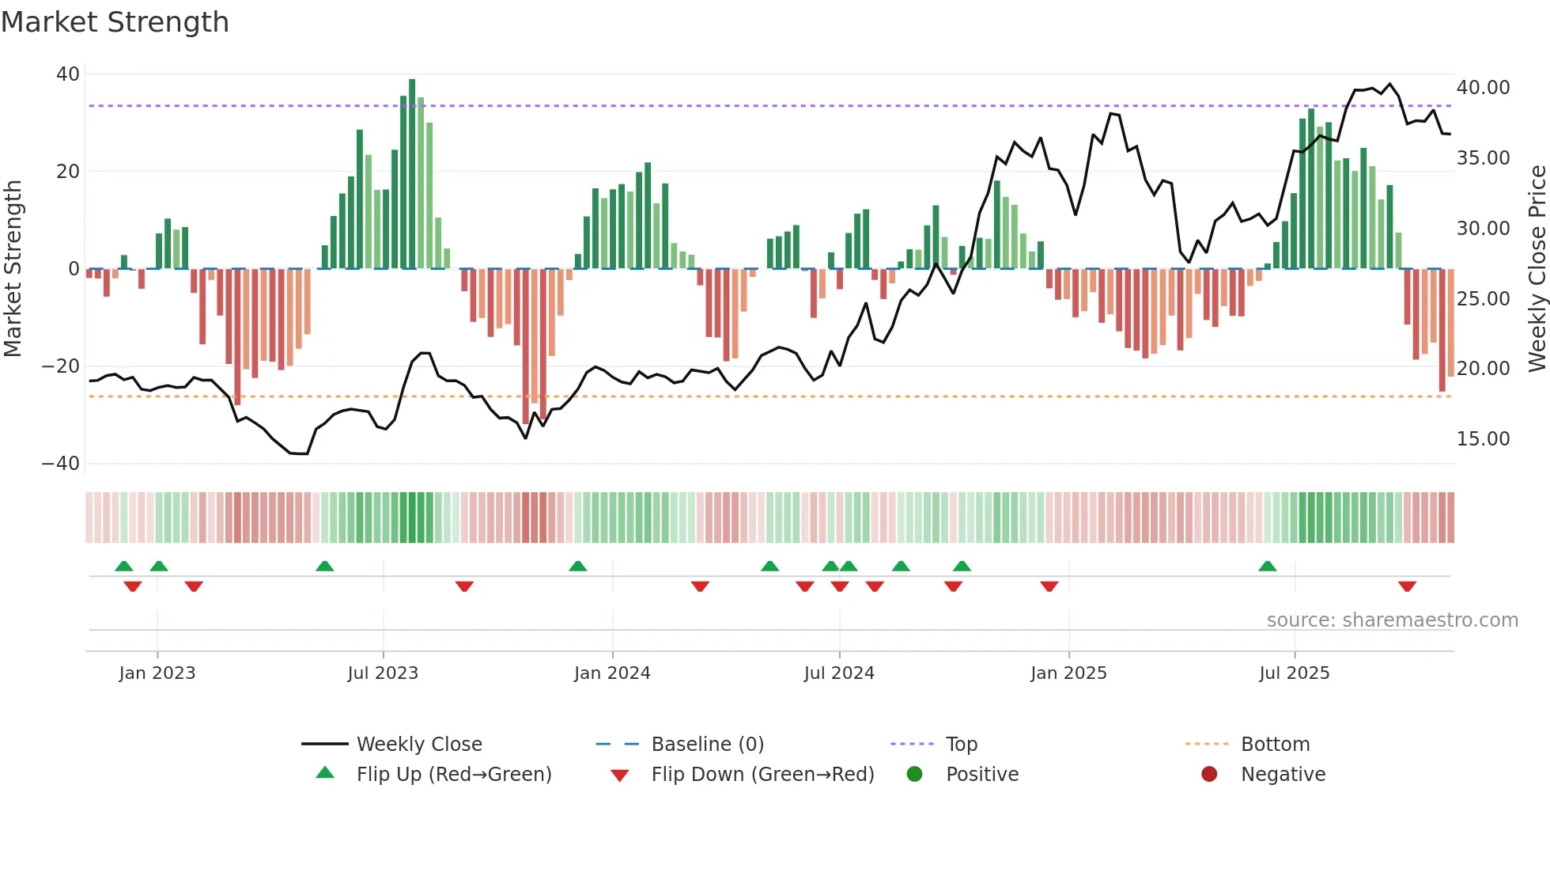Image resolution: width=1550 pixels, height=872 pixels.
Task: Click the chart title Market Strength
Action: [x=115, y=22]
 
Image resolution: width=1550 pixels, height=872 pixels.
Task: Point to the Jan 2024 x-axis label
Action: [x=612, y=673]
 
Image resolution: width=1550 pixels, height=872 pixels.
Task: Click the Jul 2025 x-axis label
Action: [x=1295, y=673]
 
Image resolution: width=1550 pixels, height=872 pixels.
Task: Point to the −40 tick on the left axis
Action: [x=61, y=464]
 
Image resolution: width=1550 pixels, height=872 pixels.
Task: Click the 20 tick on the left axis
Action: [x=68, y=172]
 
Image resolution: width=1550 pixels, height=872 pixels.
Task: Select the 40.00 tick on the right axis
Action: [x=1483, y=88]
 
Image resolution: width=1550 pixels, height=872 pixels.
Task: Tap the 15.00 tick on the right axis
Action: [x=1483, y=439]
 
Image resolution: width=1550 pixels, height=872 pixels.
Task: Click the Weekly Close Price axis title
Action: [x=1537, y=269]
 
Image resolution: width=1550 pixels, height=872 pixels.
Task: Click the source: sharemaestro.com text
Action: [x=1392, y=620]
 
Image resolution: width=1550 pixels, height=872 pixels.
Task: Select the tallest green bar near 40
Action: [x=412, y=174]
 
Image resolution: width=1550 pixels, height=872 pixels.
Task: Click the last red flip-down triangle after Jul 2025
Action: [x=1407, y=586]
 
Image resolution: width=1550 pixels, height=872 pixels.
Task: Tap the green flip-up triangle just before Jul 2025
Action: [x=1268, y=566]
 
